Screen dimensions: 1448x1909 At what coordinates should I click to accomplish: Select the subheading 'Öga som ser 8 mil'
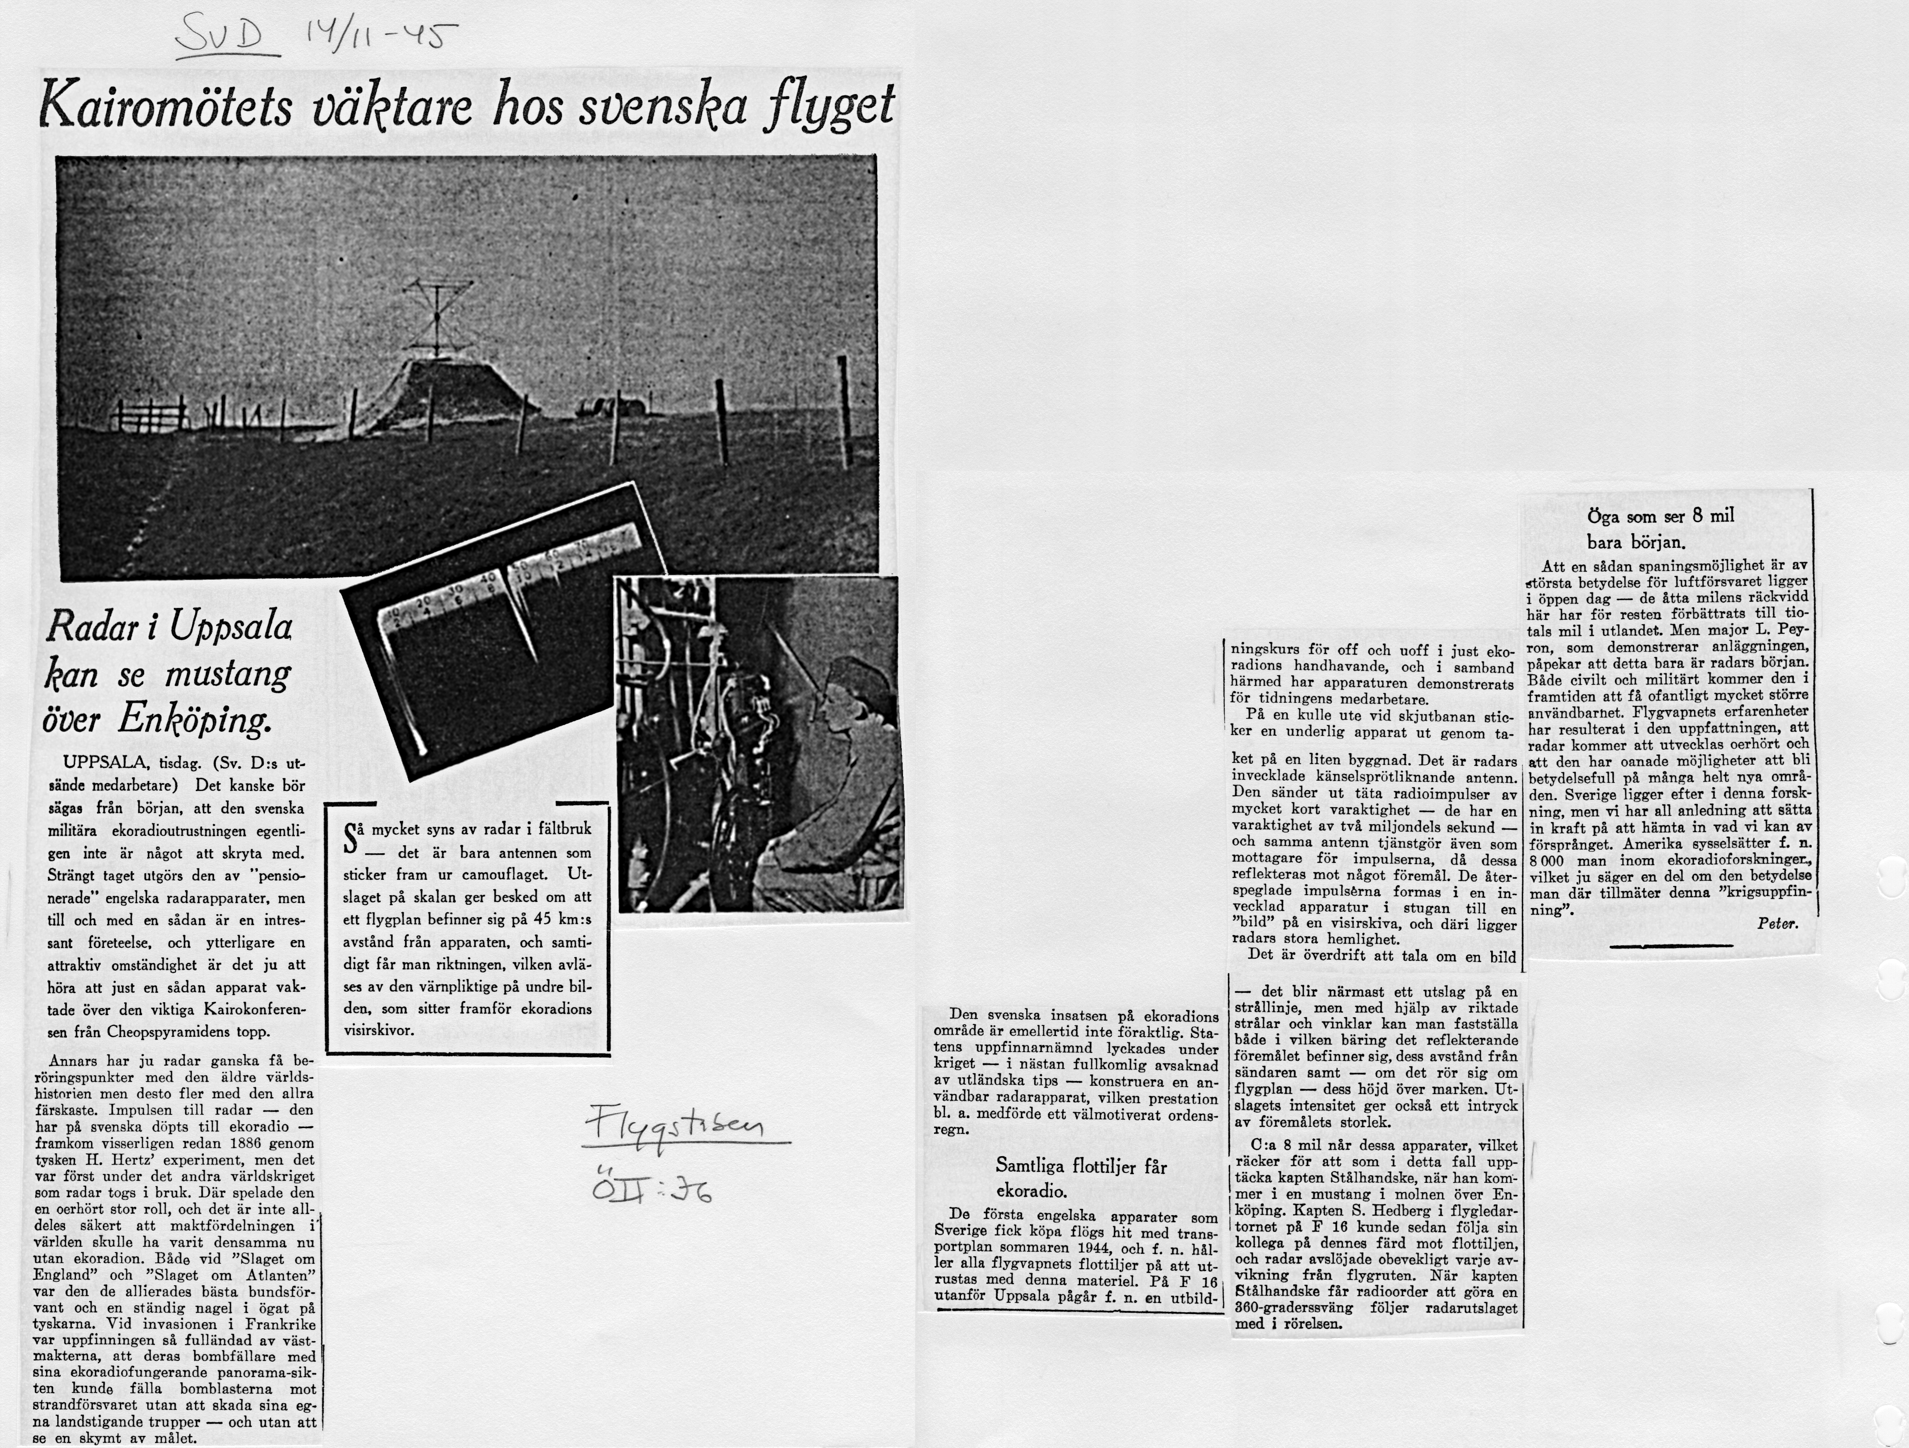tap(1660, 516)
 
